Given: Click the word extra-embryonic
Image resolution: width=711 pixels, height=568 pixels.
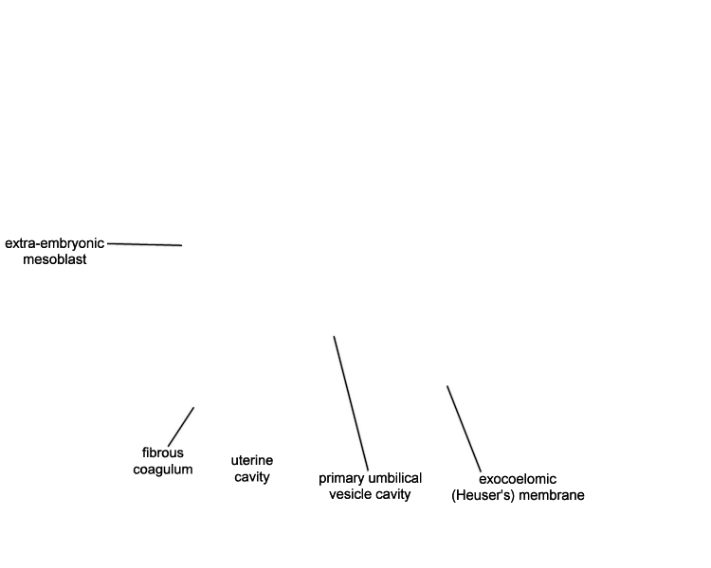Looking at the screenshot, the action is point(54,243).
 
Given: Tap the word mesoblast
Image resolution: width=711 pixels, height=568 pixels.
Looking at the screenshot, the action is point(55,259).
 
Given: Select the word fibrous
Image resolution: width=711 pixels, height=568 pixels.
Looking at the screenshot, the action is point(163,453).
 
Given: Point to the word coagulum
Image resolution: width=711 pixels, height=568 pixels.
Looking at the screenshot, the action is point(163,470).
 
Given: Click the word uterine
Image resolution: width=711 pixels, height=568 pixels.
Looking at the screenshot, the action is point(252,461).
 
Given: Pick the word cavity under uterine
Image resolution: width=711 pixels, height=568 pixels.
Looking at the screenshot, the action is point(252,477).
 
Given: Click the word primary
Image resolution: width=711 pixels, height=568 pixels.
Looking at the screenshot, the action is point(342,479).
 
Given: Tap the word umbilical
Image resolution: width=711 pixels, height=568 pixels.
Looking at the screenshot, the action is point(395,478).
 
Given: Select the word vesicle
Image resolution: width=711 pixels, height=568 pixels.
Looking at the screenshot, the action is point(349,494).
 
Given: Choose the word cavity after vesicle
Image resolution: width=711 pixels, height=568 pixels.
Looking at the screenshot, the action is point(392,494).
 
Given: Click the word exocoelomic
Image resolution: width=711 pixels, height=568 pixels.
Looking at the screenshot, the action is point(518,479).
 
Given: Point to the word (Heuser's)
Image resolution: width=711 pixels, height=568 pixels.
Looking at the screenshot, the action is point(483,495).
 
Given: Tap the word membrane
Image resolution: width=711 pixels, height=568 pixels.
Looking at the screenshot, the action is point(552,495).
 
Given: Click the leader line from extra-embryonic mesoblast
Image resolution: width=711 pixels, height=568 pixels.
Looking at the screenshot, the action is point(145,244).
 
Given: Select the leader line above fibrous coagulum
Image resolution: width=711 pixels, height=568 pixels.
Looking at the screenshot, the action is point(181,427).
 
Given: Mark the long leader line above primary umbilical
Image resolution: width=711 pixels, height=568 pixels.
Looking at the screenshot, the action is point(351,403).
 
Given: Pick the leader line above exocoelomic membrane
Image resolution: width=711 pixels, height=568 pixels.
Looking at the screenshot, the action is point(464,429).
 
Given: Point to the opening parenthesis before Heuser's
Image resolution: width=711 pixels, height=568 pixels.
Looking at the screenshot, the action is point(454,495).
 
